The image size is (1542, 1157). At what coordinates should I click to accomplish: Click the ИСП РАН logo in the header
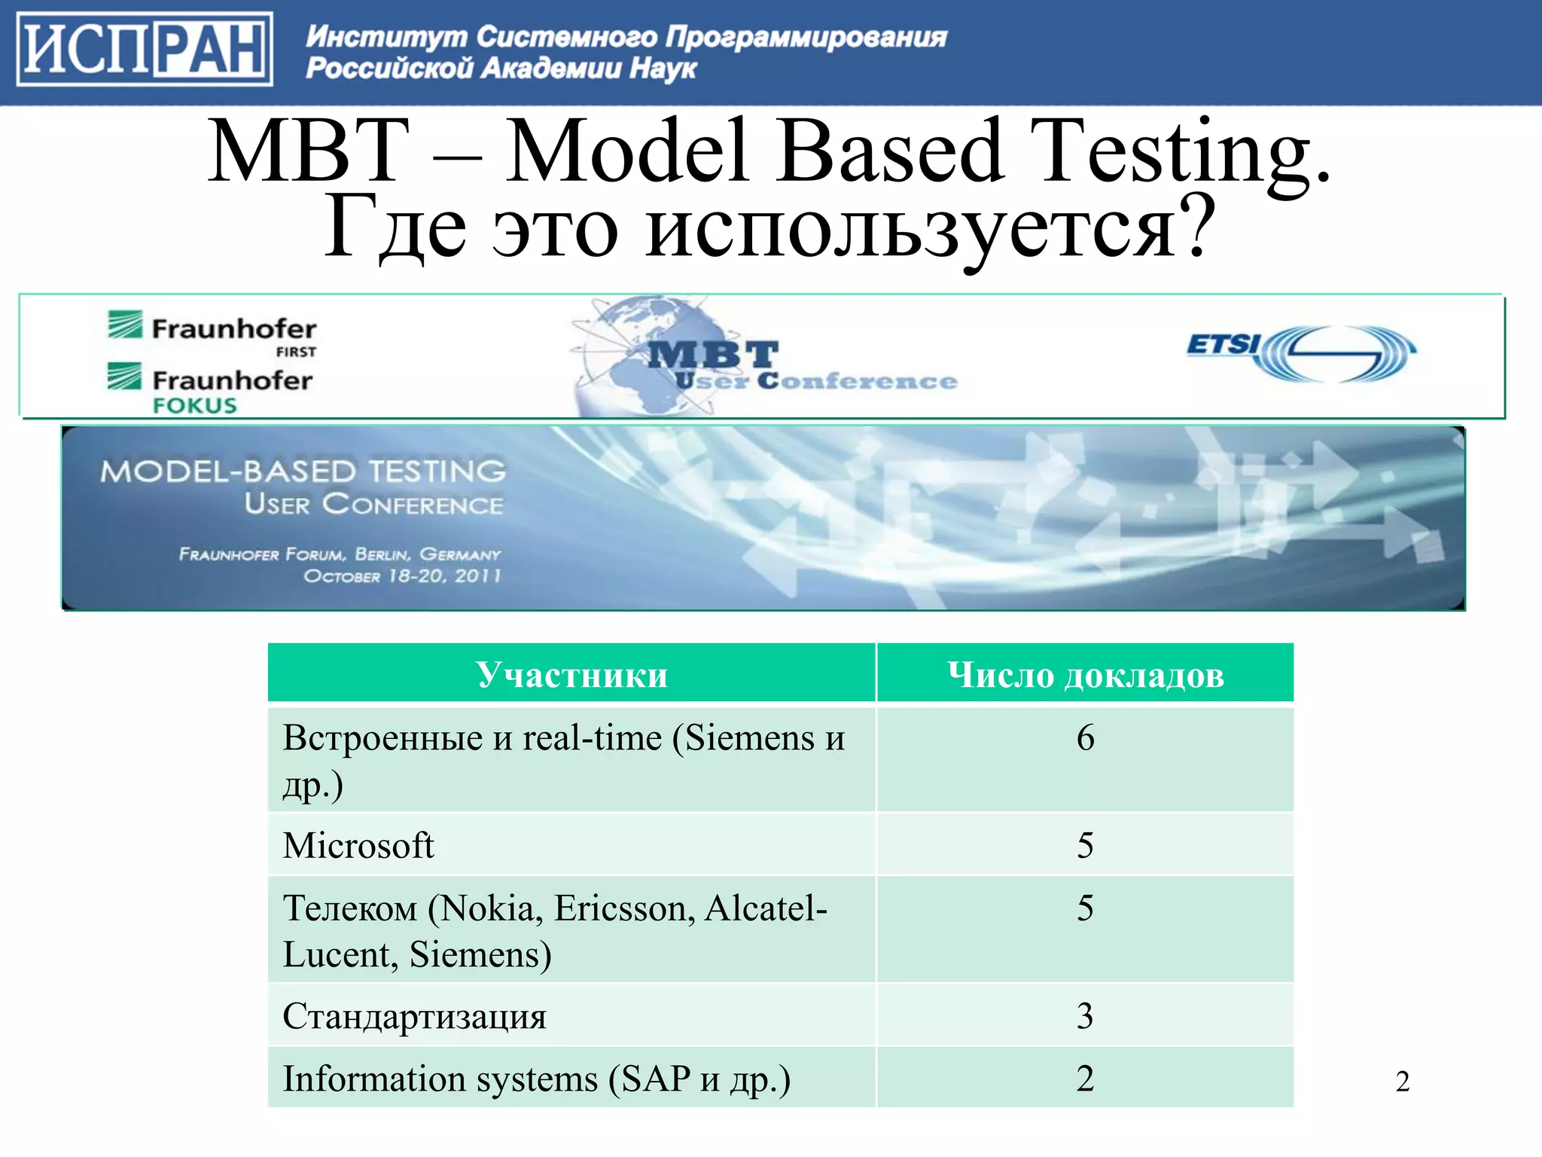coord(144,50)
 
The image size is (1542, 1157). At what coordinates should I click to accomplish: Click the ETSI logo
coord(1300,353)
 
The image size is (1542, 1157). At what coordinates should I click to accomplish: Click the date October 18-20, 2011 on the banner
coord(402,576)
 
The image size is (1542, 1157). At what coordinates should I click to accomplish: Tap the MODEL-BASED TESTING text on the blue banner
coord(303,472)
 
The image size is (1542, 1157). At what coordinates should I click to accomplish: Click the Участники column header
coord(571,674)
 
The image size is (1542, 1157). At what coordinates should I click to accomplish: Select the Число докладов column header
coord(1085,674)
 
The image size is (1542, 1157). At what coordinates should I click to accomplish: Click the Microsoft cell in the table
coord(358,845)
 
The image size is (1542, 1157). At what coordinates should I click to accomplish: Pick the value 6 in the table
coord(1085,737)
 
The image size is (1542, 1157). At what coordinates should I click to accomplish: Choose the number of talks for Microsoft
coord(1085,845)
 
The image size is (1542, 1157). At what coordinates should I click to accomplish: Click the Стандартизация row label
coord(414,1016)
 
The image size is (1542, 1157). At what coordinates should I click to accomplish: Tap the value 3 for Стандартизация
coord(1085,1016)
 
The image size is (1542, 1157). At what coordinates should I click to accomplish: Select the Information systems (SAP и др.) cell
coord(536,1079)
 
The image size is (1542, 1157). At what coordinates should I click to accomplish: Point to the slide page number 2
coord(1402,1082)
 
